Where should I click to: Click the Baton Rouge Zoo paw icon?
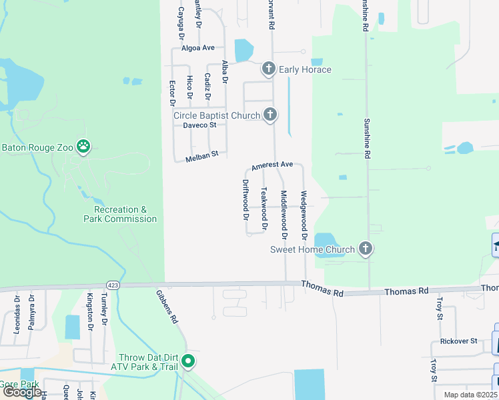coord(83,147)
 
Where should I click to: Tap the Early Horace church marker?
coord(269,69)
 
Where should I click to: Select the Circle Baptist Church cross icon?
coord(270,115)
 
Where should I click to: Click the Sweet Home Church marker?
coord(365,249)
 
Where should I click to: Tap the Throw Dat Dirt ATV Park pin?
coord(189,362)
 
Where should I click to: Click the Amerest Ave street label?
coord(272,165)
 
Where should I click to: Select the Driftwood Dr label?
coord(245,199)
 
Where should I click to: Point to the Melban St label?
coord(202,155)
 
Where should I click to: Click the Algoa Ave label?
coord(198,48)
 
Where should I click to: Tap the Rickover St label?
coord(458,341)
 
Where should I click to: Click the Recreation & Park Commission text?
coord(121,214)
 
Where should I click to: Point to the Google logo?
coord(22,392)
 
